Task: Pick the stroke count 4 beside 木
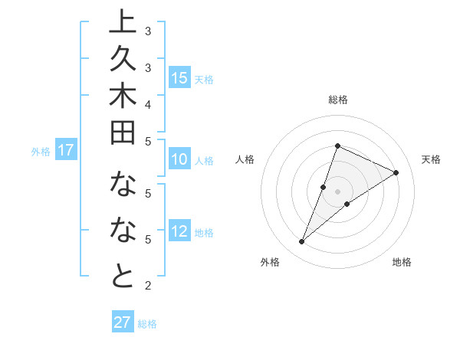tap(148, 103)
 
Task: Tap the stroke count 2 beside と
tap(148, 286)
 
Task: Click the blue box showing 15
tap(179, 77)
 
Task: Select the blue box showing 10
tap(179, 159)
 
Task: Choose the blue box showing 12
tap(179, 232)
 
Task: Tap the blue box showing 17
tap(66, 150)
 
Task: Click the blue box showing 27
tap(123, 322)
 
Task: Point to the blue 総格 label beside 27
tap(147, 324)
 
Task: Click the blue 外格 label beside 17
tap(41, 152)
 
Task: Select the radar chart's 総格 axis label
tap(337, 100)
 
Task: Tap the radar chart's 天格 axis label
tap(432, 159)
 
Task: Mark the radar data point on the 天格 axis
tap(396, 172)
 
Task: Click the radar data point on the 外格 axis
tap(301, 242)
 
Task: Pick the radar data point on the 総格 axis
tap(337, 146)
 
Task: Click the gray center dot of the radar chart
tap(337, 191)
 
